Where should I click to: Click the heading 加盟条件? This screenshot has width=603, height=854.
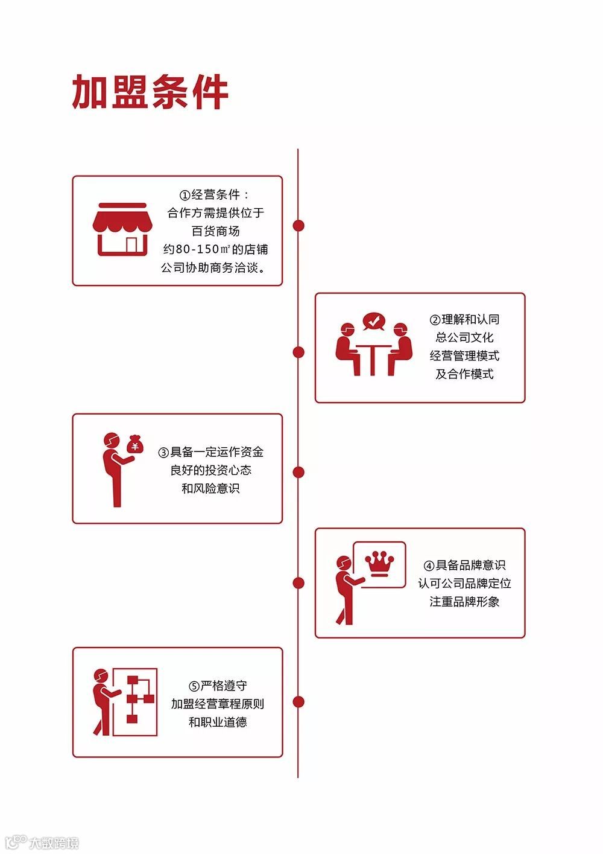pyautogui.click(x=150, y=92)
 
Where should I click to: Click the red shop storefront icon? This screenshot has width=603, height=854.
pyautogui.click(x=122, y=229)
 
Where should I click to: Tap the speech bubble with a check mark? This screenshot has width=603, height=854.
pyautogui.click(x=374, y=320)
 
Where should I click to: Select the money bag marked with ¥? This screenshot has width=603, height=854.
pyautogui.click(x=135, y=445)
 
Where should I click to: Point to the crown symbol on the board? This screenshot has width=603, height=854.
pyautogui.click(x=380, y=564)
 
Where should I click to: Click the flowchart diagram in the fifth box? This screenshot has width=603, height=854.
pyautogui.click(x=136, y=701)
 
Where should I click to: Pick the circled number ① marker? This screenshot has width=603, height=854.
pyautogui.click(x=185, y=195)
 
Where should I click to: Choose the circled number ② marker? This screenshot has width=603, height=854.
pyautogui.click(x=435, y=320)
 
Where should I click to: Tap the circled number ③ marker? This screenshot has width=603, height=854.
pyautogui.click(x=163, y=452)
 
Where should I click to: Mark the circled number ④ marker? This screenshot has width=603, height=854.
pyautogui.click(x=429, y=566)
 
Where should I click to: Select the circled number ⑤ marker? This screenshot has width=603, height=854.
pyautogui.click(x=194, y=686)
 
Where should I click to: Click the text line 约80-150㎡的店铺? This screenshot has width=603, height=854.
pyautogui.click(x=215, y=249)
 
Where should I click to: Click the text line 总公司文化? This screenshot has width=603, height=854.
pyautogui.click(x=464, y=337)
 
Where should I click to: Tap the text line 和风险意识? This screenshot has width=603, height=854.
pyautogui.click(x=210, y=488)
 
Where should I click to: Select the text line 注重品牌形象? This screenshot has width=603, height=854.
pyautogui.click(x=464, y=602)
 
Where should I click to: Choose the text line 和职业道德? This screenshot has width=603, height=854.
pyautogui.click(x=218, y=722)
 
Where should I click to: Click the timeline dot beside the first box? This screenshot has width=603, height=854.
pyautogui.click(x=298, y=226)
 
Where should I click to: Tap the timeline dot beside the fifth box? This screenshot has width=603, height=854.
pyautogui.click(x=298, y=701)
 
